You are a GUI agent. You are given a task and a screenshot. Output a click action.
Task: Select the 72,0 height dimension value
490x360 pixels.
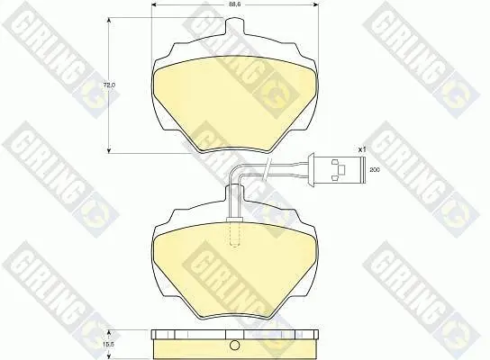click(110, 85)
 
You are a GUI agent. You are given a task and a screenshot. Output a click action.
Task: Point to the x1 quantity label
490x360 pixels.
click(362, 149)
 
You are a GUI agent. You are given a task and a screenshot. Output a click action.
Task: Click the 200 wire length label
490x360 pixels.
click(375, 170)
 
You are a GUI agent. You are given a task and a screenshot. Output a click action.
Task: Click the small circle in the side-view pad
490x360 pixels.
click(234, 345)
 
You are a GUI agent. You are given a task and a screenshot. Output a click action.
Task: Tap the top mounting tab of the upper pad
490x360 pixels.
click(234, 26)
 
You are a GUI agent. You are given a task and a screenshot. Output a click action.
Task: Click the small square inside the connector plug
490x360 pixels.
click(342, 169)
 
